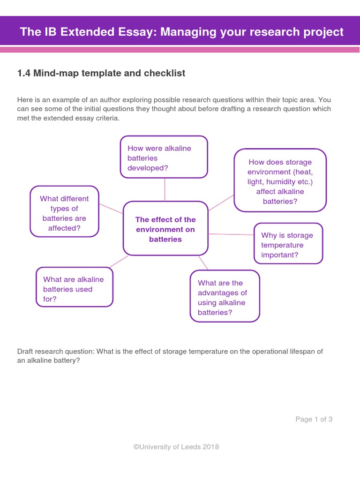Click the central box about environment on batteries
165,229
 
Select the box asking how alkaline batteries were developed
164,157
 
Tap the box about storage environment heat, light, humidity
280,181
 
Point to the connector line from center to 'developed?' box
165,190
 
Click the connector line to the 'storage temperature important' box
231,234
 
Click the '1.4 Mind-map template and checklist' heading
101,73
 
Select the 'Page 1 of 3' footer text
314,419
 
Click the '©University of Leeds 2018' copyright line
176,447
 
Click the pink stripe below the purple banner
180,49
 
